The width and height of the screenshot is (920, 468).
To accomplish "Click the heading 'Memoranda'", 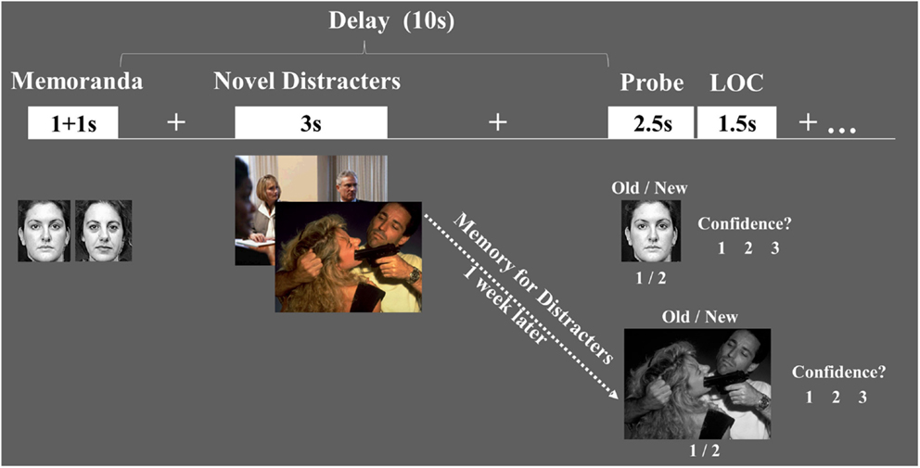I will (x=77, y=81).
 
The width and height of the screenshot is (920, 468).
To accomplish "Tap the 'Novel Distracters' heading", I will (x=307, y=81).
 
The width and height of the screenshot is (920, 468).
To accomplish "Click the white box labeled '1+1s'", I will (x=73, y=122).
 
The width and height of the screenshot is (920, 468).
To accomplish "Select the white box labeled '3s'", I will (x=312, y=122).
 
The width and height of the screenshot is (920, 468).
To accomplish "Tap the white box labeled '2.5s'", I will (x=651, y=122).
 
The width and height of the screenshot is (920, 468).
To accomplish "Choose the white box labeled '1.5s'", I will (x=737, y=122).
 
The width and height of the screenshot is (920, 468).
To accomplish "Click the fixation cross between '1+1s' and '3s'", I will (x=175, y=122).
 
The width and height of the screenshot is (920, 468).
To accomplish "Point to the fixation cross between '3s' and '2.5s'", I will (x=498, y=122).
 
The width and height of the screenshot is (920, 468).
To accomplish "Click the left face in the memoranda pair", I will (x=44, y=231).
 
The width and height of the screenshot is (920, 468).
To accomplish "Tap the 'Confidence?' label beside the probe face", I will (x=748, y=223).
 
